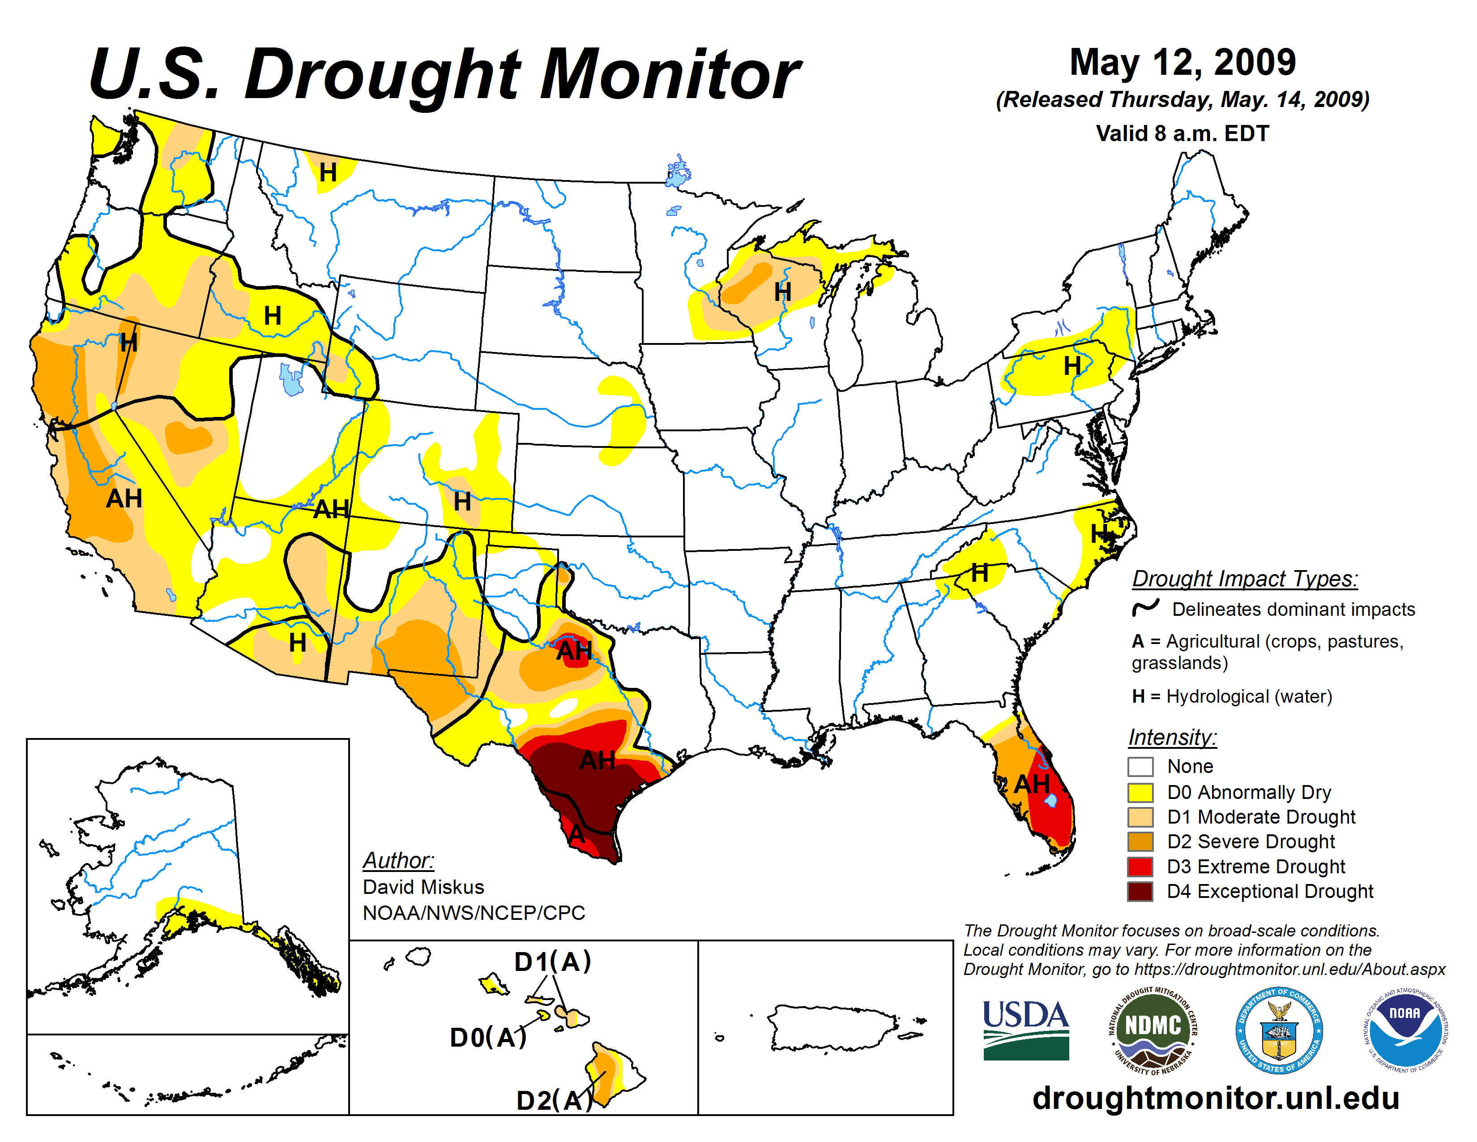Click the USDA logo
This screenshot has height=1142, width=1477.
coord(1025,1030)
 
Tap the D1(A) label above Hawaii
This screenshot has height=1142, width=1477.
coord(552,962)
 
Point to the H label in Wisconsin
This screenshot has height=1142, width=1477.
coord(782,292)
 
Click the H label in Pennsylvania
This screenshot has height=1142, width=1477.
coord(1072,366)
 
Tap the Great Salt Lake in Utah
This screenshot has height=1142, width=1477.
coord(291,379)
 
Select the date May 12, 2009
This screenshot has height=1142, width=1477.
coord(1182,62)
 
